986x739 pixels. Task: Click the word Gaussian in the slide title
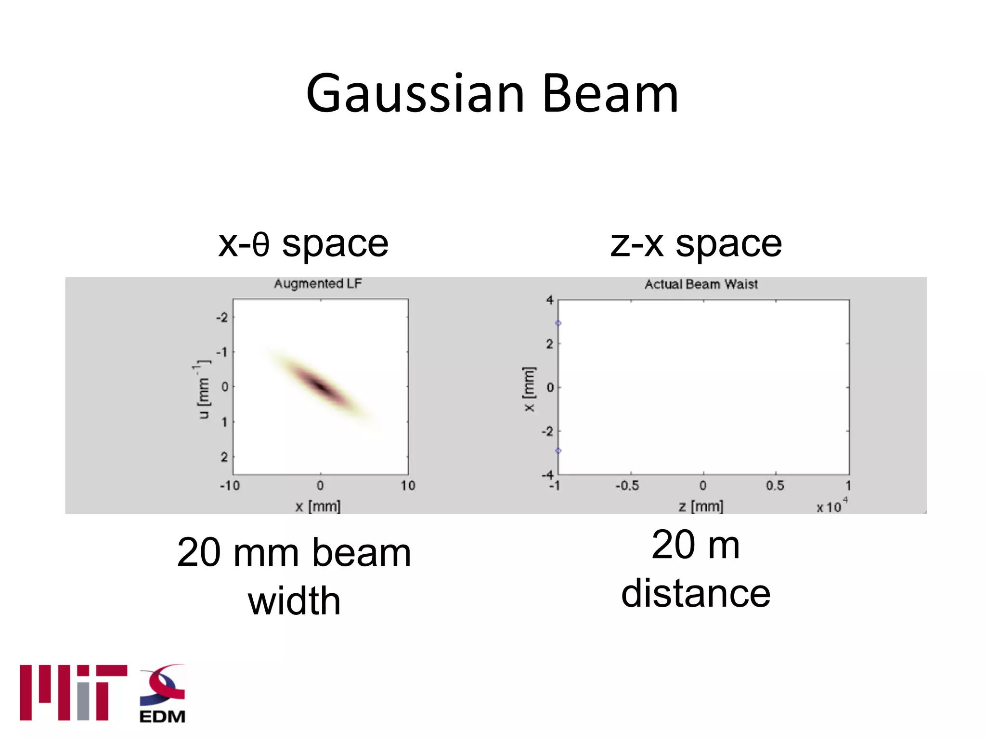415,94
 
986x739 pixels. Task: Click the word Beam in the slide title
610,94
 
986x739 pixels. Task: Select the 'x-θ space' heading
303,244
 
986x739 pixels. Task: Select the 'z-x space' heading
696,244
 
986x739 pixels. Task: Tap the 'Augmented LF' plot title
318,283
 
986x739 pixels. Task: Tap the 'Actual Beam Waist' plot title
701,284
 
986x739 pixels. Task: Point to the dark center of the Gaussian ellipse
321,386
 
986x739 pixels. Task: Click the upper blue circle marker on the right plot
558,323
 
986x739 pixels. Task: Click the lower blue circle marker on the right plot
558,451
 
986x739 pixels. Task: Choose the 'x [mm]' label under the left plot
318,506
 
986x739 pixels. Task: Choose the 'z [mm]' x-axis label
701,506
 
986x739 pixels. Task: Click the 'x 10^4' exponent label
832,506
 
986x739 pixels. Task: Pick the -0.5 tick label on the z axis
627,486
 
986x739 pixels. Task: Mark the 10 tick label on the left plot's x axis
408,486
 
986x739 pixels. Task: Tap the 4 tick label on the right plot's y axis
550,301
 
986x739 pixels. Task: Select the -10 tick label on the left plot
230,486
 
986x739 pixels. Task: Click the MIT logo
73,693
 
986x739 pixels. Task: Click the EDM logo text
162,716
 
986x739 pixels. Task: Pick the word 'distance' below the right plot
696,593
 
